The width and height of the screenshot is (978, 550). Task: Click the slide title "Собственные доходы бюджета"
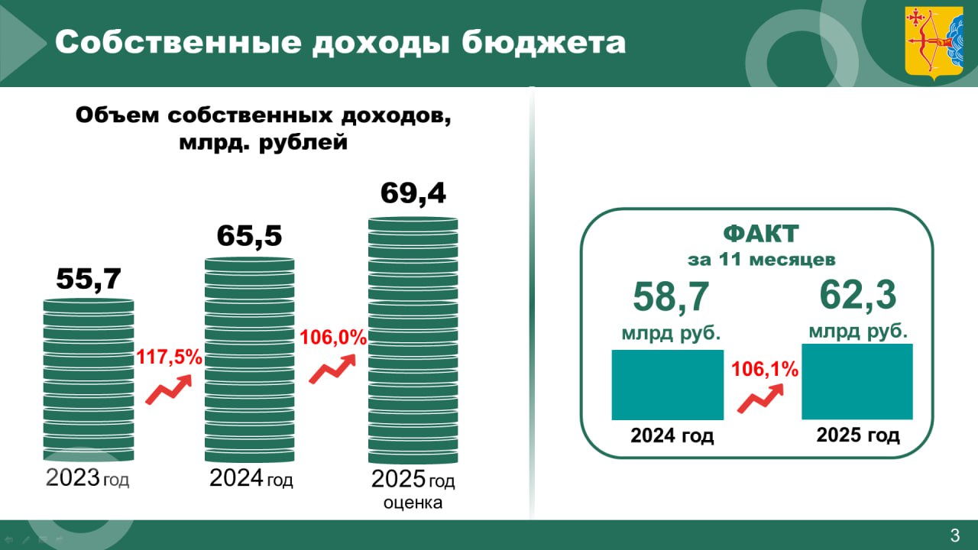tap(340, 43)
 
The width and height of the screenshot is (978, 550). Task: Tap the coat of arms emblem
tap(934, 42)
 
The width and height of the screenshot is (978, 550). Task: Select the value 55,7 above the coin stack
tap(89, 279)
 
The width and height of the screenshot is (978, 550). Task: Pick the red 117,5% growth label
tap(170, 356)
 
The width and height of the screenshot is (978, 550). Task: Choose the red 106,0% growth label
tap(333, 337)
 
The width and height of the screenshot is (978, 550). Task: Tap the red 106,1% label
tap(765, 370)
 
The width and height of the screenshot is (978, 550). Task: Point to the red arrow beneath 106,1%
tap(760, 400)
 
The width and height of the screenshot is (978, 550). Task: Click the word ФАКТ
tap(760, 232)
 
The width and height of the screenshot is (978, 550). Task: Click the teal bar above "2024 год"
tap(667, 385)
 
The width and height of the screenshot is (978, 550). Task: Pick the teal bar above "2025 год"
tap(857, 381)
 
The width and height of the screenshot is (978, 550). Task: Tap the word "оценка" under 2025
tap(413, 503)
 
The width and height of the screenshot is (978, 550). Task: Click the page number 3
tap(954, 535)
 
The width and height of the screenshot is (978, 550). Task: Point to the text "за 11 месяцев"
tap(760, 259)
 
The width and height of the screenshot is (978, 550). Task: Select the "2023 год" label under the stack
tap(88, 479)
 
